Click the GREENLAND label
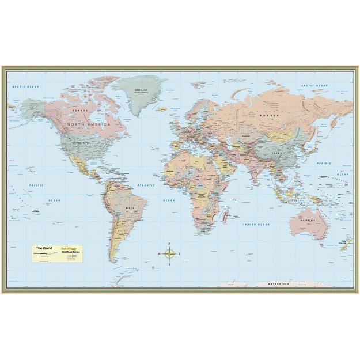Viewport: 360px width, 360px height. coord(141,90)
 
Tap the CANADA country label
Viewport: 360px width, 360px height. coord(80,110)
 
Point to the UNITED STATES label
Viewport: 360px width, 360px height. coord(79,143)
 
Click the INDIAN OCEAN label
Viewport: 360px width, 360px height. coord(256,225)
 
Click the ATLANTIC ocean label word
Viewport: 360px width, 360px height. coord(146,185)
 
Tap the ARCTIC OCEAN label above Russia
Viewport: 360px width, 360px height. coord(314,86)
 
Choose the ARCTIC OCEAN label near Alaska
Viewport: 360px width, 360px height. coord(25,86)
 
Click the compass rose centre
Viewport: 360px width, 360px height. coord(169,253)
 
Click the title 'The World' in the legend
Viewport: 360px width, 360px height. coord(44,248)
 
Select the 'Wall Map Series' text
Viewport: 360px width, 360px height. coord(71,252)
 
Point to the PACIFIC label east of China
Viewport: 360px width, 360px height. coord(339,164)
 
